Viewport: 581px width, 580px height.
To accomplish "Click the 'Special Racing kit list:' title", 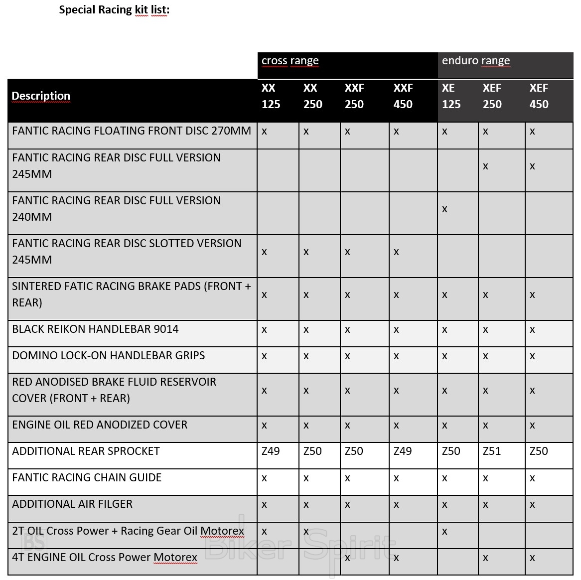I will pos(114,10).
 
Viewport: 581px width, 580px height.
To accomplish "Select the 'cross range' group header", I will pos(290,61).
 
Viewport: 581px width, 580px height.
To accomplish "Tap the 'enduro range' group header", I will pos(476,61).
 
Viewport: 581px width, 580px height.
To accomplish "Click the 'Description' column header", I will pos(41,96).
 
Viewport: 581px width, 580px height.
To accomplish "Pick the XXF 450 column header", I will pos(403,96).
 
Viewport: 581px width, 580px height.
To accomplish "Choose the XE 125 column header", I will pos(451,96).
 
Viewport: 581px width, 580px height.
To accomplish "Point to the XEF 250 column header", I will pos(492,96).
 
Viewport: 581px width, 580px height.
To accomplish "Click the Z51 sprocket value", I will pos(492,451).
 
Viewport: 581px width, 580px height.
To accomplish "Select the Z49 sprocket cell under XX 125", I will pos(271,451).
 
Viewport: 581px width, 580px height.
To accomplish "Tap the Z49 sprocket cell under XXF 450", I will pos(403,451).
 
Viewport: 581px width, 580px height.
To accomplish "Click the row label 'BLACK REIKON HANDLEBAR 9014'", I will pos(95,329).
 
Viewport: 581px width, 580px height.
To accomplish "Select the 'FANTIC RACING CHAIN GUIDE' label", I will pos(87,477).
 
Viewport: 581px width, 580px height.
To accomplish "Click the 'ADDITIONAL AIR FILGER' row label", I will pos(72,504).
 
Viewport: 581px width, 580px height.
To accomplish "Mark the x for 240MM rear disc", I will pos(444,209).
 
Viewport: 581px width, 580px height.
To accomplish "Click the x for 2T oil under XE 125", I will pos(444,532).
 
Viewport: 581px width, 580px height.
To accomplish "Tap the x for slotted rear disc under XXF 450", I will pos(396,252).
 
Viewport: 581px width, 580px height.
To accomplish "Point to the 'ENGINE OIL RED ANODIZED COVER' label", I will pos(100,425).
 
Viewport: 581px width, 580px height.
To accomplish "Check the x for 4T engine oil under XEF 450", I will pos(532,558).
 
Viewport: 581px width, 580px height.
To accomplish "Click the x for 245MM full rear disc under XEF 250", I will pos(485,166).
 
